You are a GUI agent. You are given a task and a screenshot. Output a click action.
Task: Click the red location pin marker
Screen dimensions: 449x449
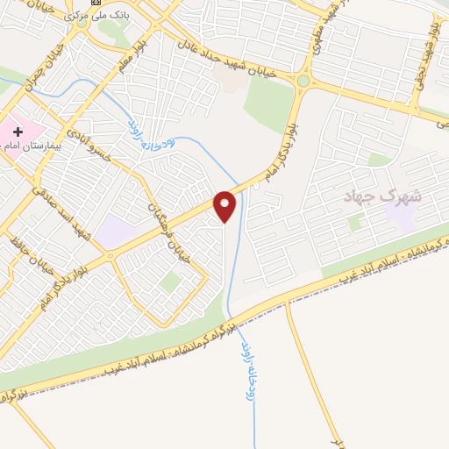225,205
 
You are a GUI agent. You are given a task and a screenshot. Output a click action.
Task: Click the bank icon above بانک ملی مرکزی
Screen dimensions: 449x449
96,3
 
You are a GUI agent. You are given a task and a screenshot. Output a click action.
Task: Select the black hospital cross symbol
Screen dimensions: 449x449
18,132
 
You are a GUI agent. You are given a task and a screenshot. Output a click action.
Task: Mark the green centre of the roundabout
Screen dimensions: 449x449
303,81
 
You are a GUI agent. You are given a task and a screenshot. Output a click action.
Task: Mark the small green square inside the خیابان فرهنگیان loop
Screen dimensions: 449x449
171,282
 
